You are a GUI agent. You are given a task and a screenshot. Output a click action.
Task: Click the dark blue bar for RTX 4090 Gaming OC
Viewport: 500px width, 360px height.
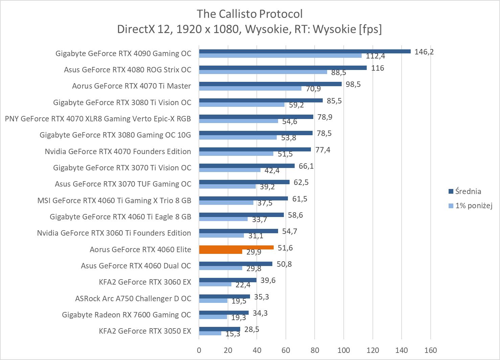pos(304,51)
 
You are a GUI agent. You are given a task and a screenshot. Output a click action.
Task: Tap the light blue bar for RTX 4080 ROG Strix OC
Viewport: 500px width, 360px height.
pos(263,72)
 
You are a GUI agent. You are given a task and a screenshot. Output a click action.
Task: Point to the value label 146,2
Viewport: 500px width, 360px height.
pos(424,52)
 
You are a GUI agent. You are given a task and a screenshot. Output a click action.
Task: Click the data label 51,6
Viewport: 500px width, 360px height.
pos(285,248)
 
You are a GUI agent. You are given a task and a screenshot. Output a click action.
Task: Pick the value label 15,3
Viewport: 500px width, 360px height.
pos(233,334)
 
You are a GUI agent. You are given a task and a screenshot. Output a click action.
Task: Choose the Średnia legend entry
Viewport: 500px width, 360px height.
pos(468,191)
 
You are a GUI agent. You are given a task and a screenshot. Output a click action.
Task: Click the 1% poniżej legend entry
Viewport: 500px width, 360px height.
pos(473,205)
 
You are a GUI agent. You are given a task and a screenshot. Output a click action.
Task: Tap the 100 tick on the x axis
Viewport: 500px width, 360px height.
pos(343,350)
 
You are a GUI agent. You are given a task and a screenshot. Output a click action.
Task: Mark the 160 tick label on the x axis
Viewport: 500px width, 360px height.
pos(430,350)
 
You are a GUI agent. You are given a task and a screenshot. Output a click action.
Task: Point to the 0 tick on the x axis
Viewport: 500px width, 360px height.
pos(199,350)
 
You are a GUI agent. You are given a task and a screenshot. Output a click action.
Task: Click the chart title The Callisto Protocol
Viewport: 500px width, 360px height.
pos(250,14)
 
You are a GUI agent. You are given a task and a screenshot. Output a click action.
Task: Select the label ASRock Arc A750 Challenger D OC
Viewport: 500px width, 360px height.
pos(133,298)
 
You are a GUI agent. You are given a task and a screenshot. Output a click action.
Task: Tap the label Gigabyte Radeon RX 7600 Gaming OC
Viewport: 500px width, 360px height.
pos(126,315)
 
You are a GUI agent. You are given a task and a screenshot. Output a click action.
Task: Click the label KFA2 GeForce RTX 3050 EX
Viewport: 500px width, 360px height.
pos(145,331)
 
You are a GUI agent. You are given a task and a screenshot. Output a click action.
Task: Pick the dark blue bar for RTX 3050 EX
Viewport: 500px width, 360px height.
pos(219,329)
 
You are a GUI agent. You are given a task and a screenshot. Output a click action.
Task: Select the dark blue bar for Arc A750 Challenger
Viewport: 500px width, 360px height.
pos(224,296)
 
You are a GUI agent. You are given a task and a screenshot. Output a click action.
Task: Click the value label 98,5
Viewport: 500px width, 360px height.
pos(353,84)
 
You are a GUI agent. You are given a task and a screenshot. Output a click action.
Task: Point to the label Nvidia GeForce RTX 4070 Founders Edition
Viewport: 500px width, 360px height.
pos(118,151)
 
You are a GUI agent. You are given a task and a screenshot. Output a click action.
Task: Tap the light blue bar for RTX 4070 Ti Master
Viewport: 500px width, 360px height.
pos(250,89)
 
